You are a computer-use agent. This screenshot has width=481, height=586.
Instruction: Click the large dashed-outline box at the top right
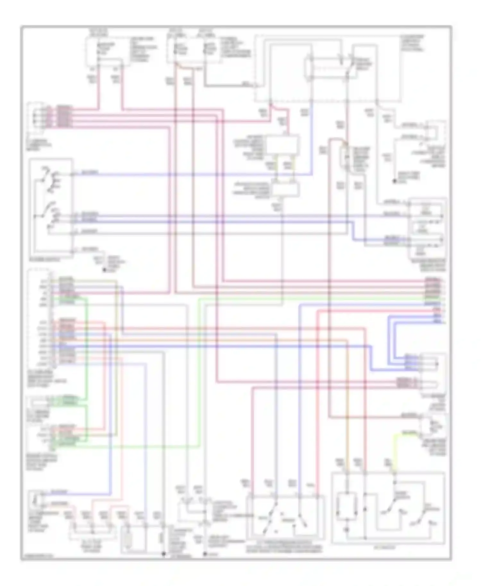(x=327, y=69)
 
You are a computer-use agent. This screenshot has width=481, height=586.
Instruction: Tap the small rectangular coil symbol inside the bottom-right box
(x=347, y=507)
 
